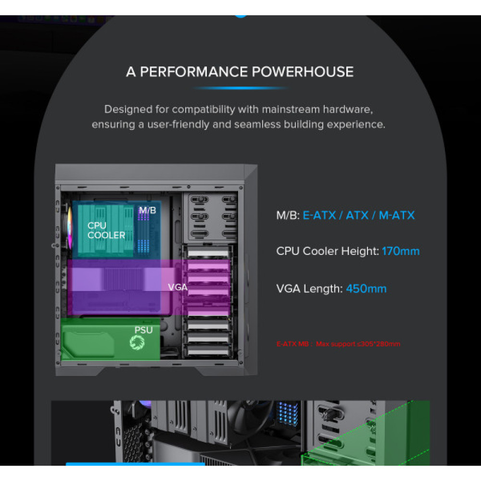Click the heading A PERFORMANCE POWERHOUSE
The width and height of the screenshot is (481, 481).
pyautogui.click(x=240, y=72)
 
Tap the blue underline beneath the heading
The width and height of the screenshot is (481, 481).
pyautogui.click(x=240, y=89)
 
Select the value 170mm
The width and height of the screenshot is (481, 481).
pyautogui.click(x=401, y=251)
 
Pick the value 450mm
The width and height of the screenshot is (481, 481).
pyautogui.click(x=366, y=289)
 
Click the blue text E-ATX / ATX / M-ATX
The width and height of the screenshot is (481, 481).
pyautogui.click(x=358, y=215)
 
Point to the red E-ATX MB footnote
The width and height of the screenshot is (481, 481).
pyautogui.click(x=338, y=344)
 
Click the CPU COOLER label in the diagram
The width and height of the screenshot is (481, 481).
pyautogui.click(x=106, y=230)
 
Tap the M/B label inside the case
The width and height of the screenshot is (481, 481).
pyautogui.click(x=148, y=210)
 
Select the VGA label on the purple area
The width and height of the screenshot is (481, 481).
pyautogui.click(x=177, y=287)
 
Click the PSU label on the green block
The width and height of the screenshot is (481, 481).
pyautogui.click(x=143, y=330)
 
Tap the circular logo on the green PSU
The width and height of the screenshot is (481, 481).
pyautogui.click(x=137, y=342)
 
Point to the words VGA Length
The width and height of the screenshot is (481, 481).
pyautogui.click(x=309, y=289)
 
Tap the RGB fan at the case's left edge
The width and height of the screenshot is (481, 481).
pyautogui.click(x=69, y=228)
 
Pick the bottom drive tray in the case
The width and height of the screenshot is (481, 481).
pyautogui.click(x=208, y=351)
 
